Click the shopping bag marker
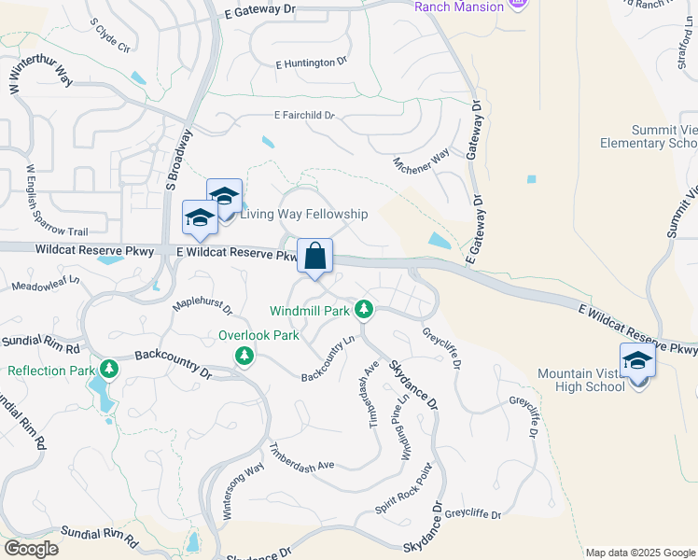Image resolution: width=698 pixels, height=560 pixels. click(315, 256)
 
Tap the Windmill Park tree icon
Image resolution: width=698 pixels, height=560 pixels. click(365, 309)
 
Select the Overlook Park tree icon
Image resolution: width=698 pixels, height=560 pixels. click(244, 355)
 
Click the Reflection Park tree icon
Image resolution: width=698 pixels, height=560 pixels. click(109, 370)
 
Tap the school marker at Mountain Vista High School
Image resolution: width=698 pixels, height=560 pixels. click(638, 362)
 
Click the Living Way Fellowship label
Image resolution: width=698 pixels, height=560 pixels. click(304, 215)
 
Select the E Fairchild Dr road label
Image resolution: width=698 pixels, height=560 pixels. click(303, 116)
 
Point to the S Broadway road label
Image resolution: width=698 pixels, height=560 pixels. click(177, 155)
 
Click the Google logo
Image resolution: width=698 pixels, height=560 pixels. click(31, 549)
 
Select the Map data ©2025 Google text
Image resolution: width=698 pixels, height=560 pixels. click(639, 553)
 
